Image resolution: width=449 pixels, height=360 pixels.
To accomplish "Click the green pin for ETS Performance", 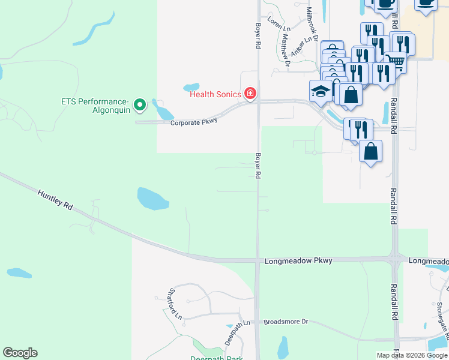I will coord(140,106).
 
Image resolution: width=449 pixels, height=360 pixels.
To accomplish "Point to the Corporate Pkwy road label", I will coord(193,122).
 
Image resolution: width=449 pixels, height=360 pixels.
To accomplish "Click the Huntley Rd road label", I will coord(55,200).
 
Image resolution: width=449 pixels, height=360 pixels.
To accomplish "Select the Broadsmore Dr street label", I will coord(286,322).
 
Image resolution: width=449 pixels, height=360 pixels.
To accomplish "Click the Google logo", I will coord(20,353).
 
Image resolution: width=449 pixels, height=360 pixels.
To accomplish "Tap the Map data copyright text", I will coord(412,355).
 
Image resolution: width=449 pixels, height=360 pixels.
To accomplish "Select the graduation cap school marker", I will coord(321,91).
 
